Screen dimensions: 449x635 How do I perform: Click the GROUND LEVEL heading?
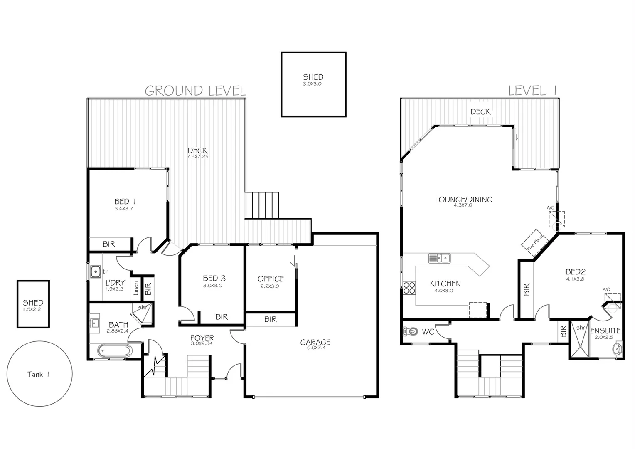[195, 91]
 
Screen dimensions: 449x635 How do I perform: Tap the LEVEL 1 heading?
[532, 91]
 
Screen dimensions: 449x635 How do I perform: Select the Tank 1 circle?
[40, 374]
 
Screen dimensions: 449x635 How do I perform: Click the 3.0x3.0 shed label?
[313, 79]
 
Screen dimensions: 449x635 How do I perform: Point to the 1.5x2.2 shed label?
[33, 305]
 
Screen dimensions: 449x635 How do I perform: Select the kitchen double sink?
[439, 258]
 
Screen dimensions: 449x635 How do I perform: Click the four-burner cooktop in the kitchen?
[409, 288]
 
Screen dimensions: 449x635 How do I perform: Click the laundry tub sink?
[96, 272]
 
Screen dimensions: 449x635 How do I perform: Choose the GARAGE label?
[315, 343]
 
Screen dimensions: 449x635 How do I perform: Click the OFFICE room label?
[271, 279]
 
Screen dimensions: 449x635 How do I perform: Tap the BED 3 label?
[214, 279]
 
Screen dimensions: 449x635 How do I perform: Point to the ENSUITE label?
[605, 331]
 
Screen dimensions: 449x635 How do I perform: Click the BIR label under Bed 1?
[109, 244]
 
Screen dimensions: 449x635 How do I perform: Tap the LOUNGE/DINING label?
[463, 200]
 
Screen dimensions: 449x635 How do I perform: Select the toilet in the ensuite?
[618, 349]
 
